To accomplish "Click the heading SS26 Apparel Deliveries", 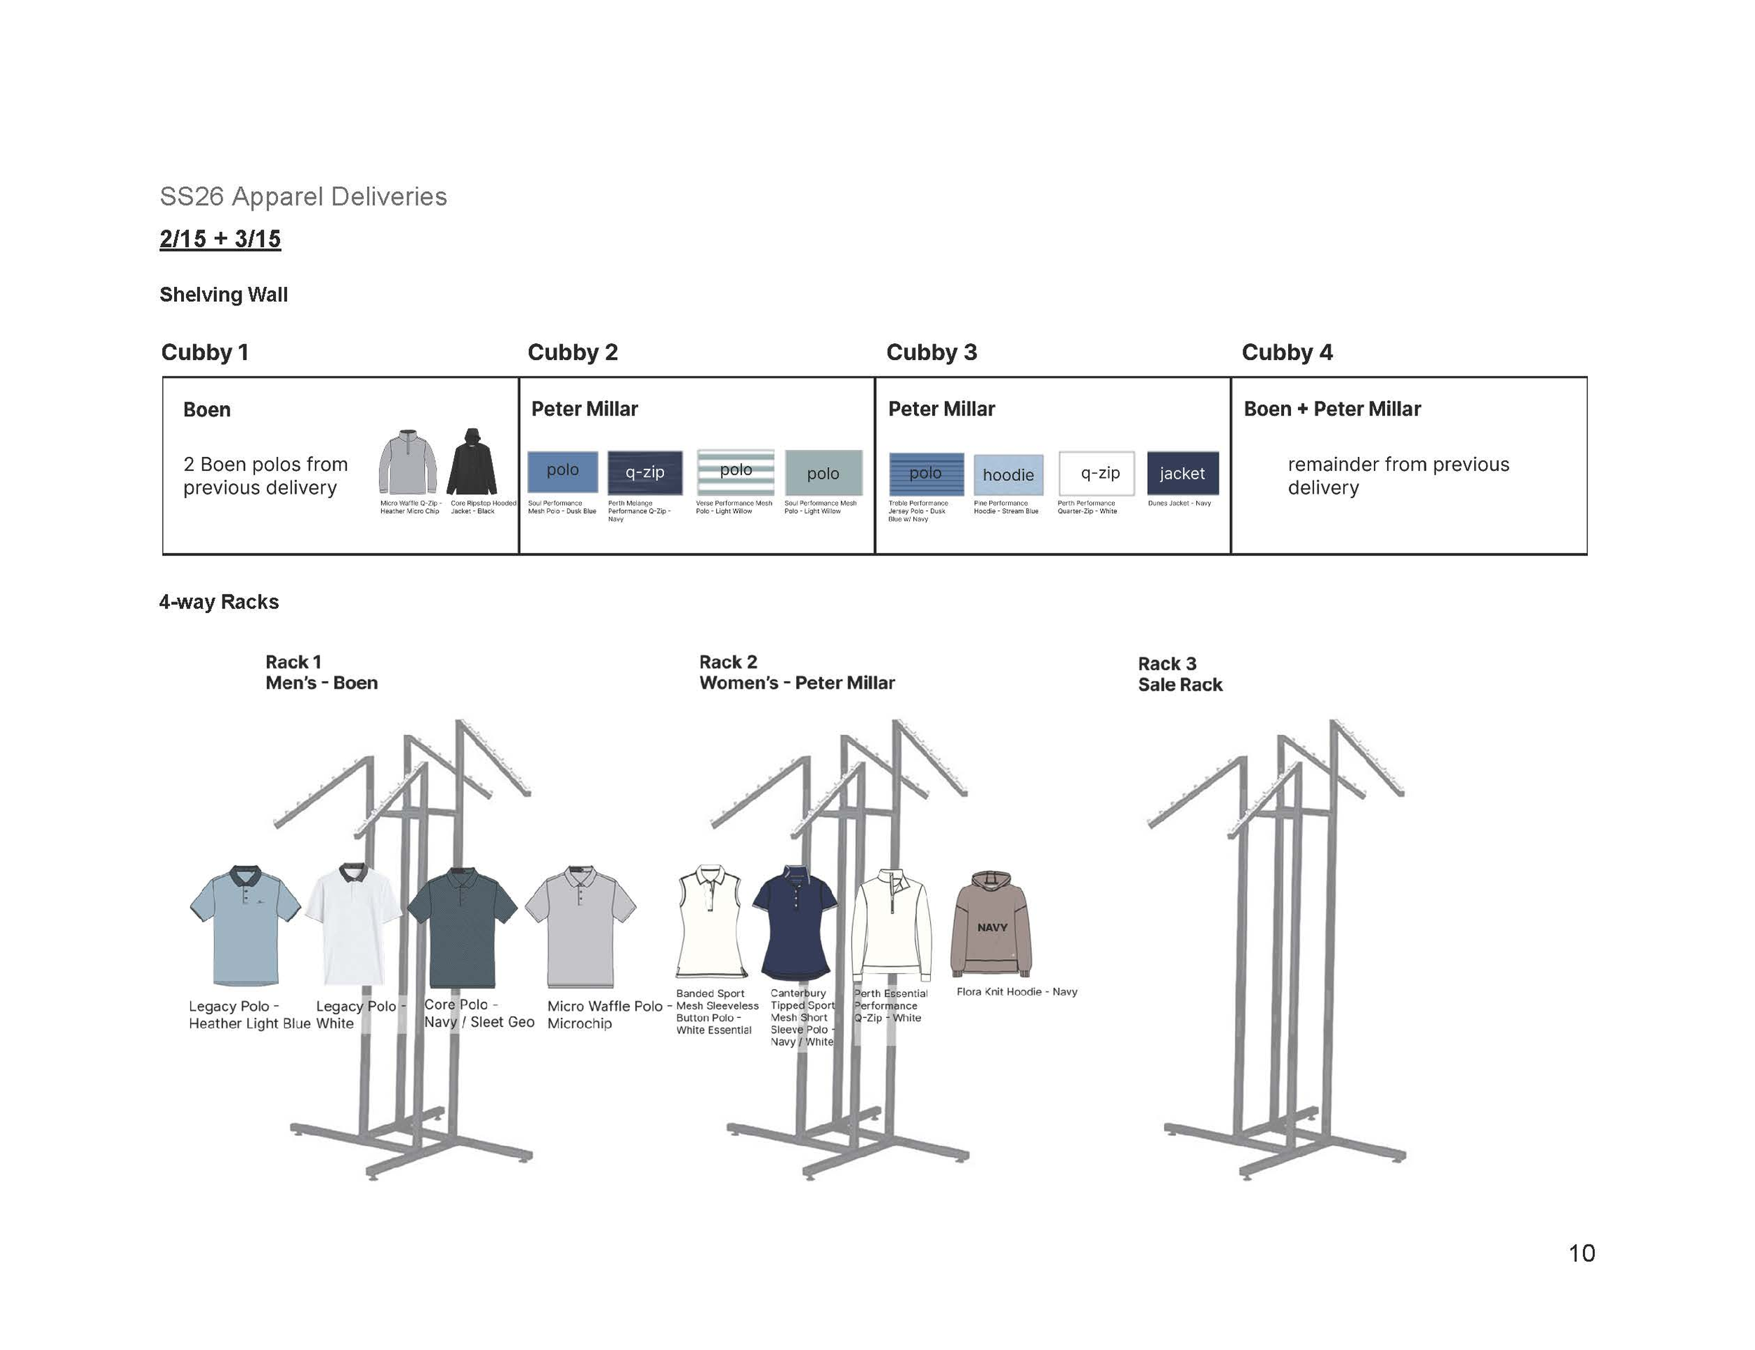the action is [x=303, y=197].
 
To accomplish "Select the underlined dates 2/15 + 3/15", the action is [x=220, y=239].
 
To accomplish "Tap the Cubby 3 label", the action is [x=932, y=352].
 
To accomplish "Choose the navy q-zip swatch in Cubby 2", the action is [x=644, y=472].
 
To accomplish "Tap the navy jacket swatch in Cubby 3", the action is [x=1182, y=473].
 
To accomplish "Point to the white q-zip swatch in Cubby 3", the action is [x=1097, y=473].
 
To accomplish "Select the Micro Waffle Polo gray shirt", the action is [x=580, y=927].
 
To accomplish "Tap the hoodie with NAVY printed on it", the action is [x=991, y=923].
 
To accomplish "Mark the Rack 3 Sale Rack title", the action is [x=1179, y=674].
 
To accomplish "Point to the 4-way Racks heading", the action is [x=218, y=602].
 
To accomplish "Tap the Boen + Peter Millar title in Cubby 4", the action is [x=1332, y=409].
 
